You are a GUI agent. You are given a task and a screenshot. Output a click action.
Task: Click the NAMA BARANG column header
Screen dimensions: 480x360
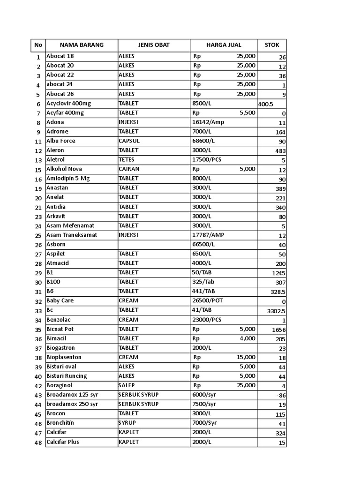[82, 45]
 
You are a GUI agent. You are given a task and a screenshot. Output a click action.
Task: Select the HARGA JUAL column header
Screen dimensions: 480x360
[224, 45]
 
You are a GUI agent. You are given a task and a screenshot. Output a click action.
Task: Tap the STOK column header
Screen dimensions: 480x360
[272, 45]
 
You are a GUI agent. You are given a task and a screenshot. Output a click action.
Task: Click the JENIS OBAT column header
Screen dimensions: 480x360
[154, 45]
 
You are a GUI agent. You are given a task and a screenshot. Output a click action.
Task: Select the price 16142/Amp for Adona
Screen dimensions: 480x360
[208, 122]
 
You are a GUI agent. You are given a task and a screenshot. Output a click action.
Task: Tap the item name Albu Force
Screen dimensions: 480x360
[61, 141]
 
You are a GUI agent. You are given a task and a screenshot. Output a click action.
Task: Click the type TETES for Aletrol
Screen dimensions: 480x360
[127, 159]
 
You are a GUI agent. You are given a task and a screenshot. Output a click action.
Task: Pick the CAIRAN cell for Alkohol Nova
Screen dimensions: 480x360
[129, 169]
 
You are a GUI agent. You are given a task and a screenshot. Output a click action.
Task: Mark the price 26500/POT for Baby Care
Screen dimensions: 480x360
[210, 300]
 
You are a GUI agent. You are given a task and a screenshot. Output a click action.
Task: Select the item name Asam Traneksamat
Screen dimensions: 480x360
[72, 235]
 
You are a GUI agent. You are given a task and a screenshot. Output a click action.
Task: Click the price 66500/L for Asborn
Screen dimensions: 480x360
[203, 244]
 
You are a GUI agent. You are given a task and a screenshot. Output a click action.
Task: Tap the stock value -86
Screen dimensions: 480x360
[281, 396]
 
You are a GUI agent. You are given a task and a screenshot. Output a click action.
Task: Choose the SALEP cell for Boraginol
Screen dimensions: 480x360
[127, 385]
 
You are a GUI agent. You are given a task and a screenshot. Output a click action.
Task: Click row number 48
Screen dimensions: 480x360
[38, 442]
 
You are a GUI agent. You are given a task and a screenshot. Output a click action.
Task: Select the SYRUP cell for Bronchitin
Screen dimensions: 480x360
[127, 423]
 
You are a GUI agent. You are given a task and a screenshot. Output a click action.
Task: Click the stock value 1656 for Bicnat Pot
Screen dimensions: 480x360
[278, 330]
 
